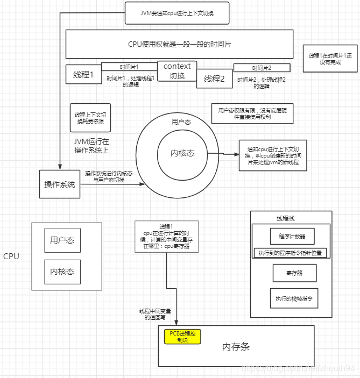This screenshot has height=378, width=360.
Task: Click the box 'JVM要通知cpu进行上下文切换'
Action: tap(177, 13)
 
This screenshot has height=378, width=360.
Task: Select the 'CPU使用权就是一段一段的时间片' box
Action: tap(179, 44)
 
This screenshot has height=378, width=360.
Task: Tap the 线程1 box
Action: tap(83, 75)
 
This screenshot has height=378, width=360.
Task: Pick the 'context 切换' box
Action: tap(177, 71)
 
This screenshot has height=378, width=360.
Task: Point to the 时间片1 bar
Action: tap(129, 67)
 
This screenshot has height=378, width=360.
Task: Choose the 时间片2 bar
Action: tap(262, 68)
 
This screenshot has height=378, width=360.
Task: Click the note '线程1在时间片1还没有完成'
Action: tap(330, 59)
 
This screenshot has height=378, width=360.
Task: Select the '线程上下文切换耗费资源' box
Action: tap(90, 118)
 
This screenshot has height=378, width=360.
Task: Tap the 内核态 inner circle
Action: tap(182, 153)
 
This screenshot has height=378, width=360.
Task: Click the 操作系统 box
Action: tap(59, 184)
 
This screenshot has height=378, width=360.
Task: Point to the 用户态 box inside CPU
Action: tap(62, 240)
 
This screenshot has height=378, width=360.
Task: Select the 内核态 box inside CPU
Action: tap(62, 272)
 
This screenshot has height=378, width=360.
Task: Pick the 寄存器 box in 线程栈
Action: tap(294, 273)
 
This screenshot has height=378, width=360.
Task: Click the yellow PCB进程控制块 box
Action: tap(182, 337)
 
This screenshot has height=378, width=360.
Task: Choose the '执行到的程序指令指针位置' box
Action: tap(290, 253)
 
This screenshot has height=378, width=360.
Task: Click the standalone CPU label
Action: tap(11, 256)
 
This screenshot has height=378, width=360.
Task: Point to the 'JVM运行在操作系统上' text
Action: tap(91, 146)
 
